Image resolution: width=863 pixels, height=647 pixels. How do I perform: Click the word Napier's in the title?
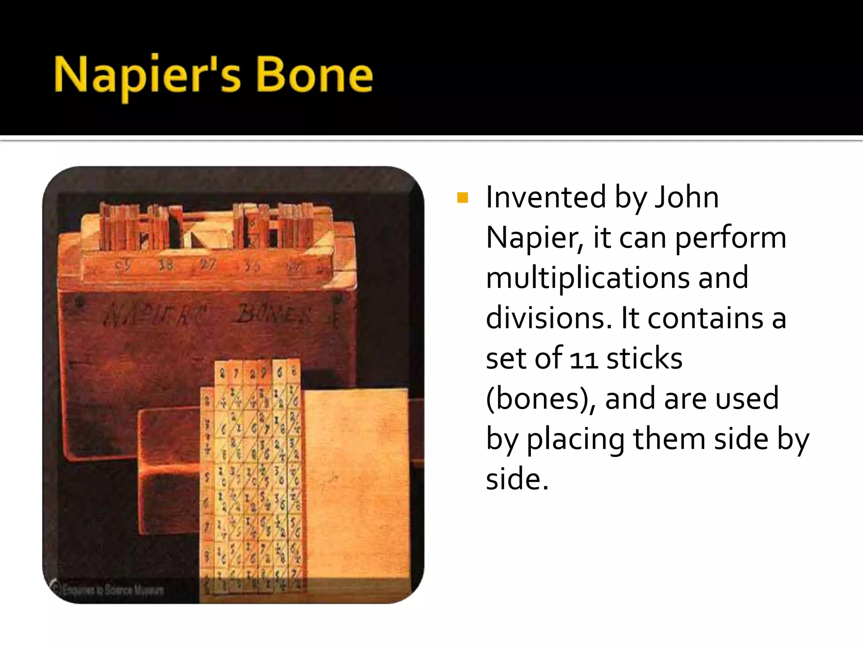147,76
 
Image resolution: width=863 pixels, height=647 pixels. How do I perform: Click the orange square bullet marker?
462,198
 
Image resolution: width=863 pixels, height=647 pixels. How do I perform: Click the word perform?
731,238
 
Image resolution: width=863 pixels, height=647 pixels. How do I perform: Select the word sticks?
644,358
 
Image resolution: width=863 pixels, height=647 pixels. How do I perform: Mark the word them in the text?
670,438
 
